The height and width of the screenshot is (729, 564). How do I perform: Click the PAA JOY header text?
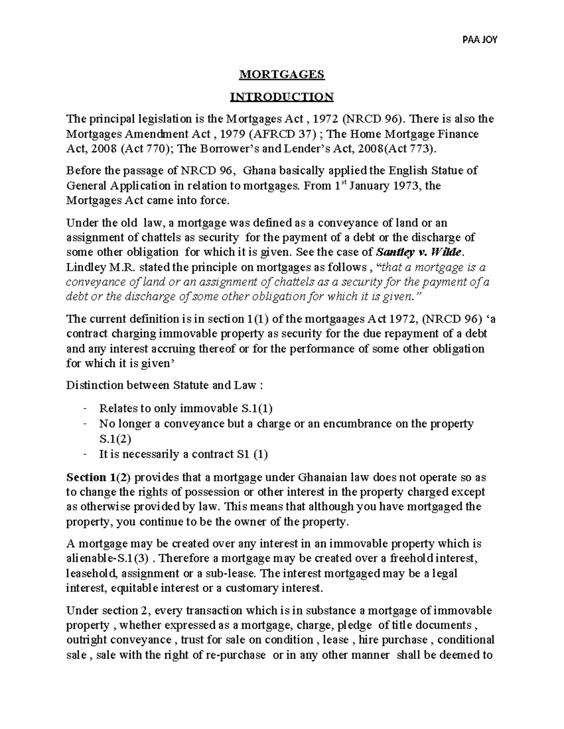tap(480, 40)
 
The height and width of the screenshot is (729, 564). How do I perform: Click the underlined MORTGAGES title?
tap(282, 74)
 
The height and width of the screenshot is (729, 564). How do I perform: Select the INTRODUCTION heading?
tap(282, 97)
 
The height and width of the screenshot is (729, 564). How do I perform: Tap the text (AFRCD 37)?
tap(282, 134)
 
